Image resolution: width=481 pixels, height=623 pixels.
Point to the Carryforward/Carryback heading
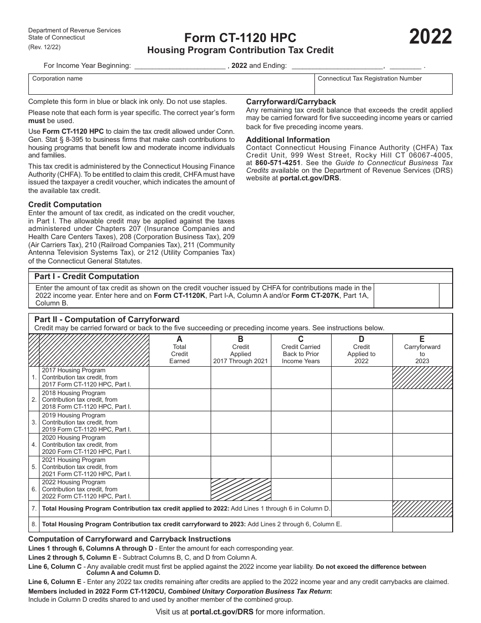(x=291, y=102)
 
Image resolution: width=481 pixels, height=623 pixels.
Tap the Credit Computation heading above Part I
(x=65, y=205)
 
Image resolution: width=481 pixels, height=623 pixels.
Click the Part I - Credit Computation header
(x=87, y=277)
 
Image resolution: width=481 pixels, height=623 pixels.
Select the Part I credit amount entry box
(x=406, y=296)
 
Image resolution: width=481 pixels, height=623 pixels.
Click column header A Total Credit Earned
(x=179, y=350)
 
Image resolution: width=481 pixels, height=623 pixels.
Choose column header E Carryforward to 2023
(x=422, y=350)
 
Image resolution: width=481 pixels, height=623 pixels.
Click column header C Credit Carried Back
(x=301, y=350)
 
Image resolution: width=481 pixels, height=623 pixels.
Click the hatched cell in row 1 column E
(x=422, y=378)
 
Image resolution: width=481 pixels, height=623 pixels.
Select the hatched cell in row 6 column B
(x=240, y=490)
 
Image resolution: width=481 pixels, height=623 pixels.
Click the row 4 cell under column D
(x=362, y=445)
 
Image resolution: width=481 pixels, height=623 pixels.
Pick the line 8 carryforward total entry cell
(x=422, y=524)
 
